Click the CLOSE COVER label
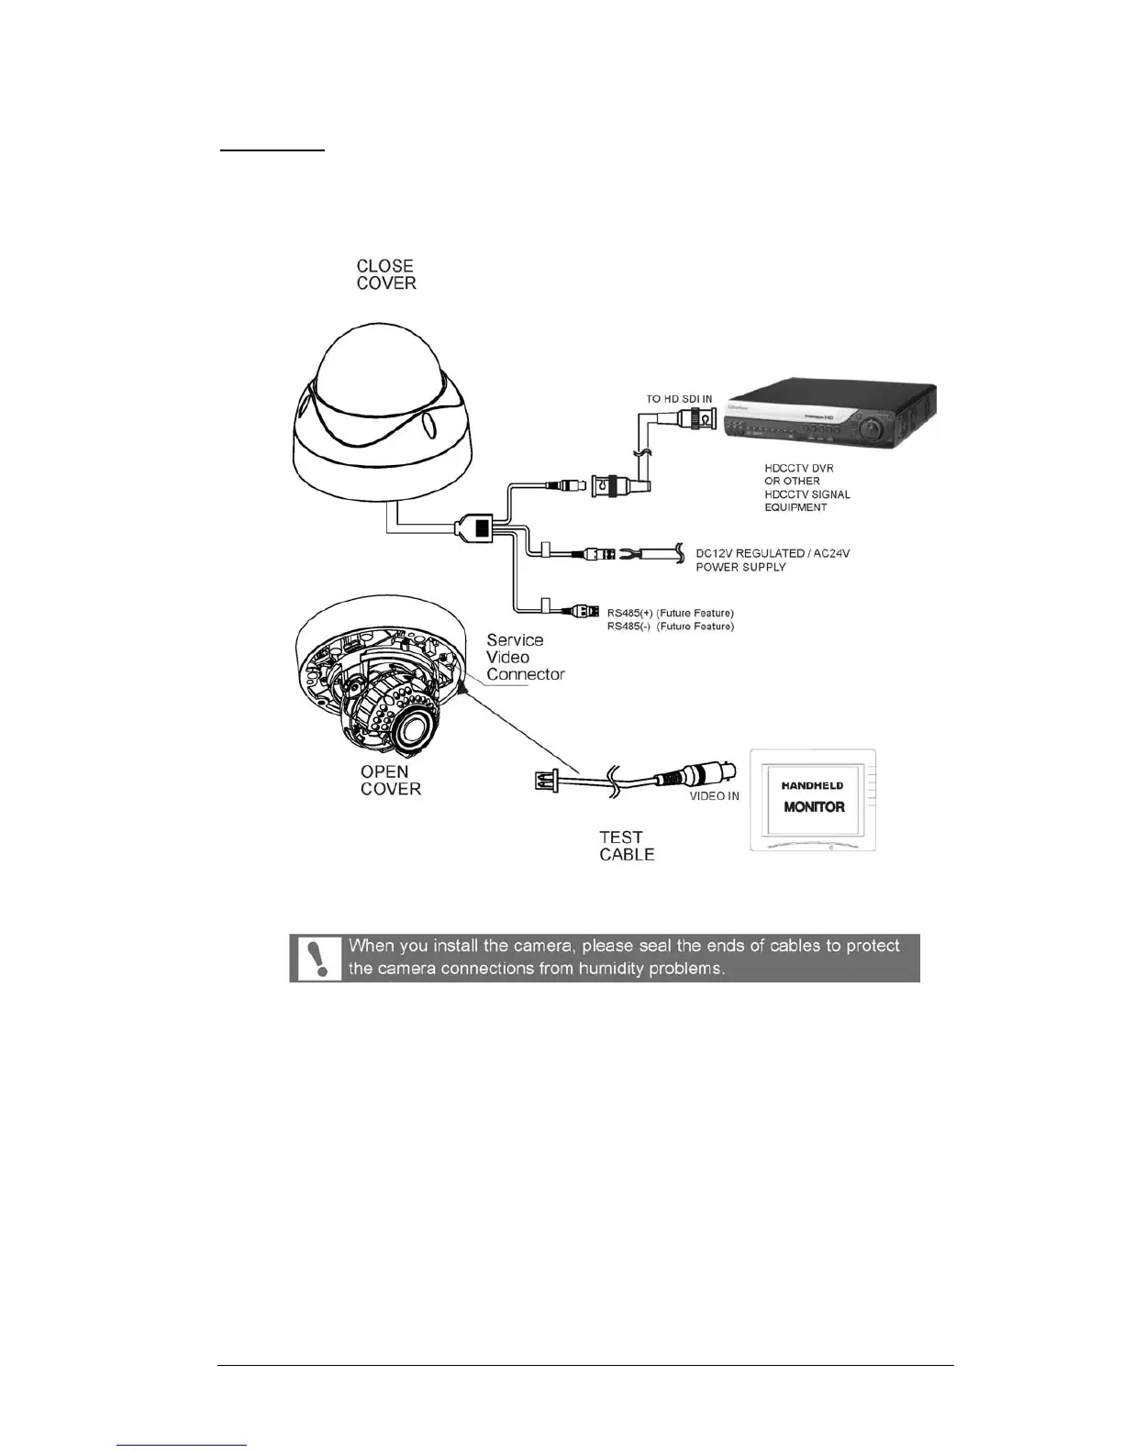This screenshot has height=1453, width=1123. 386,275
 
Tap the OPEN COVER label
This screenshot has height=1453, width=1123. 391,781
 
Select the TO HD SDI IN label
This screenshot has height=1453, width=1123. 679,399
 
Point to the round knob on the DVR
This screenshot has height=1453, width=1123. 873,428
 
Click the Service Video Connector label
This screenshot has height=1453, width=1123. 525,657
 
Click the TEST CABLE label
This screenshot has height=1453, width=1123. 627,846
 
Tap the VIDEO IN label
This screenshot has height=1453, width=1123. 715,796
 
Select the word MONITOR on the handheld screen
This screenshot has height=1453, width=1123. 814,807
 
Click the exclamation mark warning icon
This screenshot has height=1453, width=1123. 318,959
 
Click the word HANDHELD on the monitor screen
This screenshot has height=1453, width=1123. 813,785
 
